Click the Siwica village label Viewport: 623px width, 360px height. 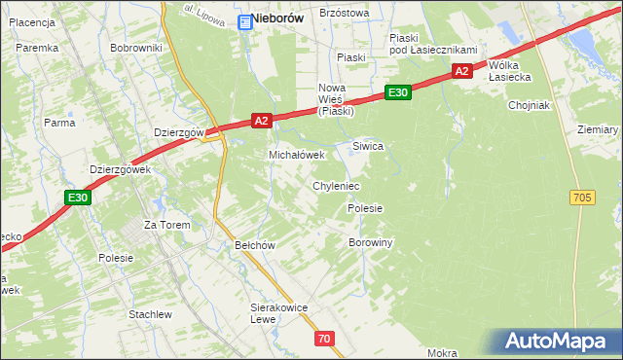point(368,146)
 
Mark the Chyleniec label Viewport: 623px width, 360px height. point(336,185)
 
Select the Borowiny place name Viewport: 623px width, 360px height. point(370,242)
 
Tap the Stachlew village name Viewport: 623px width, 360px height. point(150,314)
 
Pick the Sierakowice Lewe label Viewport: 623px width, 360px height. point(278,313)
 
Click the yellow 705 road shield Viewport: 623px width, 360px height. point(582,198)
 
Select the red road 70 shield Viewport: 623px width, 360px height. point(324,339)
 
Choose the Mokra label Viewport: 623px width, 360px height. point(442,353)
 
